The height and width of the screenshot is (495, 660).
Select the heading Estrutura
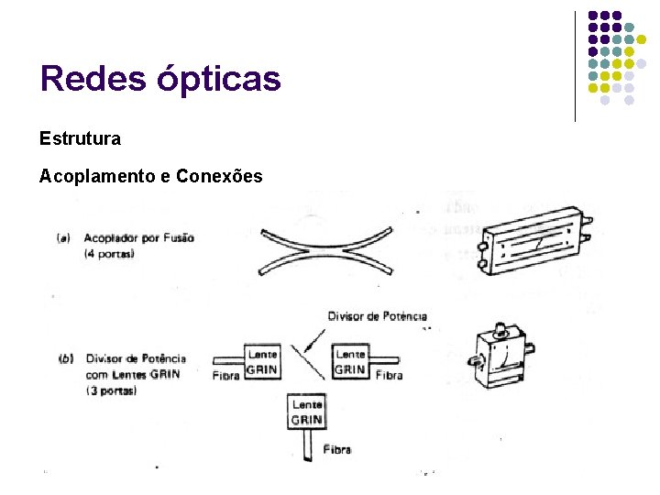[80, 138]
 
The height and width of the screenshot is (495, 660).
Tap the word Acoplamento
[97, 176]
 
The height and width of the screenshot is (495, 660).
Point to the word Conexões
[218, 176]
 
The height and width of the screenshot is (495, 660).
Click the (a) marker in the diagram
[64, 238]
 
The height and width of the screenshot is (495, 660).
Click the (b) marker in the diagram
[65, 358]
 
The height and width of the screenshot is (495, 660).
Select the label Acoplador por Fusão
[138, 238]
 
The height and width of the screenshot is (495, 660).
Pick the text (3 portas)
[112, 390]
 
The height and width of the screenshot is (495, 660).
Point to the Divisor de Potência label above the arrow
[377, 317]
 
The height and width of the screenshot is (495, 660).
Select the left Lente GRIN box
[262, 362]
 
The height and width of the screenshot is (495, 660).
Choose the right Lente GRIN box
[350, 362]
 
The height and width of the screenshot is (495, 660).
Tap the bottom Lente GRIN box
[306, 412]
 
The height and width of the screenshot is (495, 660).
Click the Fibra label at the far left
[226, 376]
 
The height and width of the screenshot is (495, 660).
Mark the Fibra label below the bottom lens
[336, 450]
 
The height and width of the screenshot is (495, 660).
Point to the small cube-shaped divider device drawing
[500, 360]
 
